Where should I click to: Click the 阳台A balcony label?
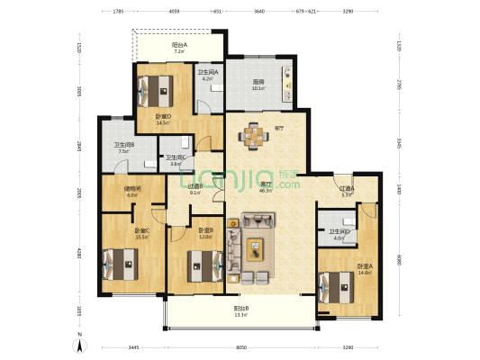click(178, 44)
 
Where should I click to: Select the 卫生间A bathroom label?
click(208, 72)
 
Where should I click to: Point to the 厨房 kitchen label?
click(258, 82)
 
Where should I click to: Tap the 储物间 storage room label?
click(131, 188)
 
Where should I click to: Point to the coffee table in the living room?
click(255, 244)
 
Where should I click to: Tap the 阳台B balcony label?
click(240, 309)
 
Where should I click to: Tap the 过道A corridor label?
click(347, 188)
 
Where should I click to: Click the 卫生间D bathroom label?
click(339, 232)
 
